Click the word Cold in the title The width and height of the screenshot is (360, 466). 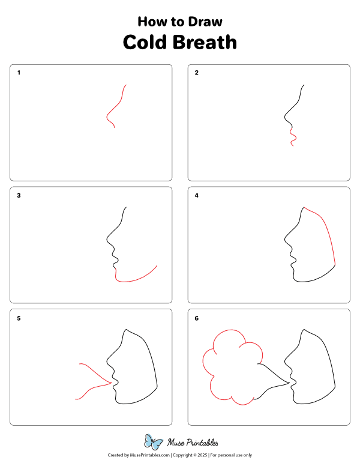tap(145, 43)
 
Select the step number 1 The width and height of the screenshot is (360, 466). tap(19, 73)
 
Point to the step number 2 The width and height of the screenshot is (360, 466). tap(197, 73)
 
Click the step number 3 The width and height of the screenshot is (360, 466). tap(19, 196)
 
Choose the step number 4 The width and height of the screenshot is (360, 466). tap(197, 196)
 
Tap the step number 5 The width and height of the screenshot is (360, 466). tap(19, 318)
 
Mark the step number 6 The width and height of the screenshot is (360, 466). tap(197, 318)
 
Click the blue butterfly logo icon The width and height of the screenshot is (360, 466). tap(154, 443)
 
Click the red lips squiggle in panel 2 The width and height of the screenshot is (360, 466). tap(292, 137)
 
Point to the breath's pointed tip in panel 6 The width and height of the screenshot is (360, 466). tap(289, 382)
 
